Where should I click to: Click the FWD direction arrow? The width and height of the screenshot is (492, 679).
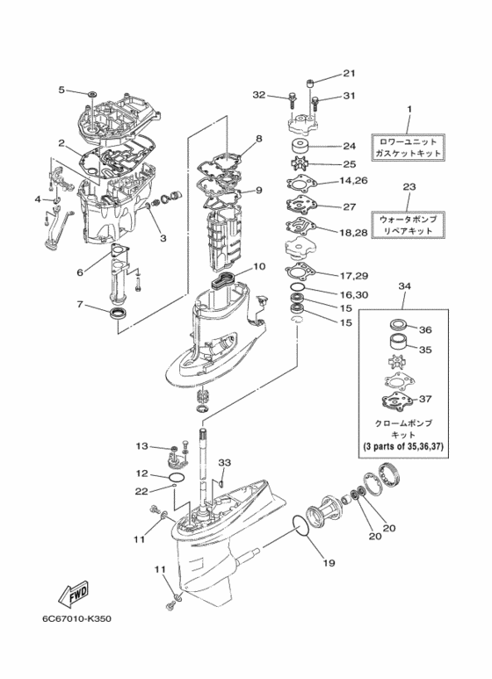point(73,593)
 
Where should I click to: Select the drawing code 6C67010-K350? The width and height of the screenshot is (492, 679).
point(77,618)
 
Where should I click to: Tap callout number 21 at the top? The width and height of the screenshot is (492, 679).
point(349,73)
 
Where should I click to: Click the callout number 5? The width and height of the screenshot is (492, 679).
point(61,90)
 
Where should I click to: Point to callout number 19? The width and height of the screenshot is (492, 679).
point(329,562)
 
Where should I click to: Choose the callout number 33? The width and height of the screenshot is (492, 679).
point(224,463)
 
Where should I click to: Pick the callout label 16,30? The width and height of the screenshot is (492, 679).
point(354,294)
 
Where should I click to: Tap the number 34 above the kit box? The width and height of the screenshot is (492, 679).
point(404,286)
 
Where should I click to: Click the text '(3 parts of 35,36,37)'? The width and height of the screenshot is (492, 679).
point(403,446)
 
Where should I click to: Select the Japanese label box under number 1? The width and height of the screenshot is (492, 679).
point(408,148)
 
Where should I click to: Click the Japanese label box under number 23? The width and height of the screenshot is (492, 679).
point(408,225)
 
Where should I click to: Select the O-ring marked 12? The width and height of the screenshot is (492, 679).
point(177,478)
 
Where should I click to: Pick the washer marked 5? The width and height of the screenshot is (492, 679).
point(92,93)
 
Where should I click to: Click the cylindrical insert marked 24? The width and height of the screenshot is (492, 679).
point(300,146)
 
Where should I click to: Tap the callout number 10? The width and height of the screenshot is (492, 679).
point(259,267)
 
